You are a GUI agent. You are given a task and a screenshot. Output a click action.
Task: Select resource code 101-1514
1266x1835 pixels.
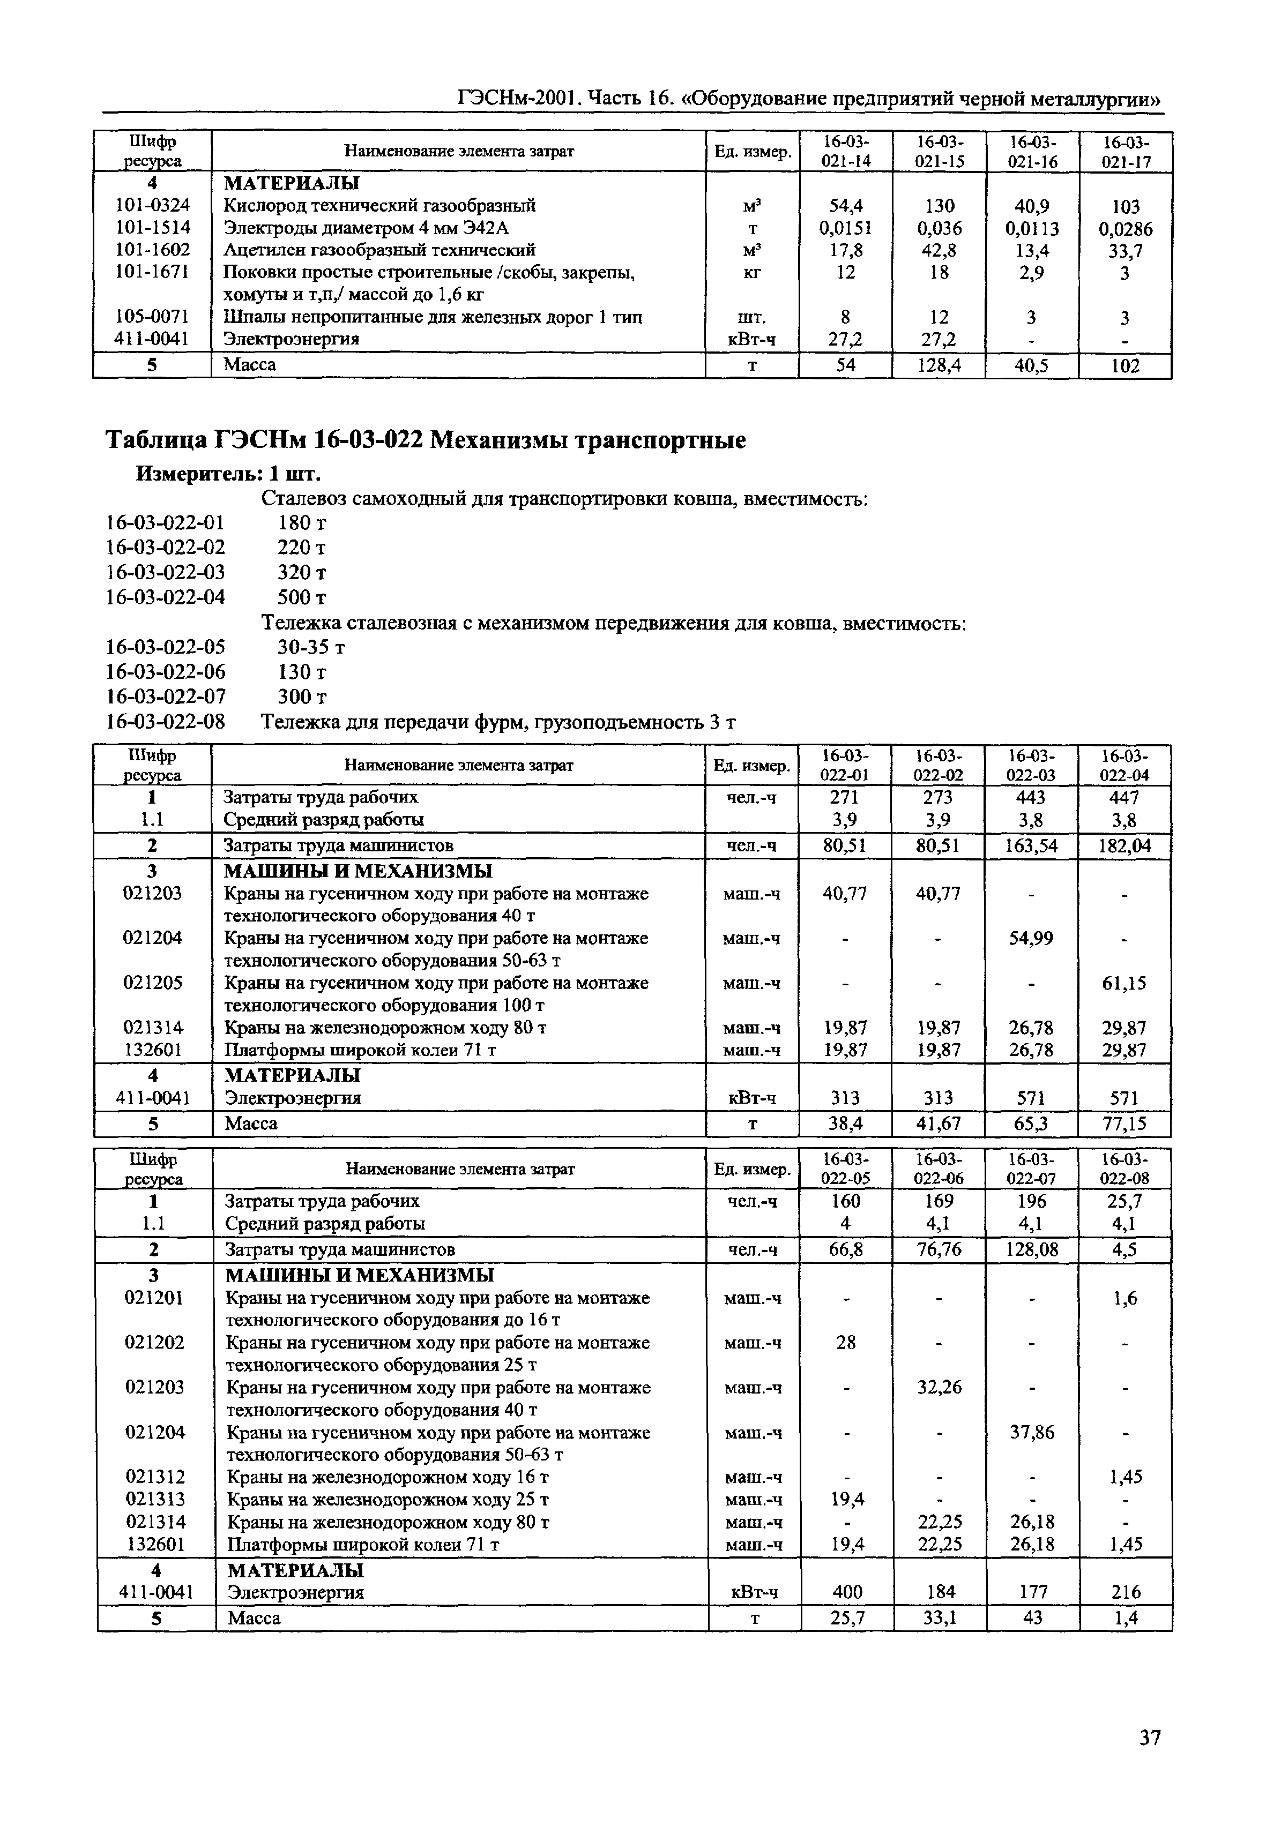(152, 228)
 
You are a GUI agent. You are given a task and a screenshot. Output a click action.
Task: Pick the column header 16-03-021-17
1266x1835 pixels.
(1125, 152)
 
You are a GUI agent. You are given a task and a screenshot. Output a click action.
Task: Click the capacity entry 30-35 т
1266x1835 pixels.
(311, 647)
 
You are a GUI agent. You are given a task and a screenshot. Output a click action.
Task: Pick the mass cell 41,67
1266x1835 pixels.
(939, 1124)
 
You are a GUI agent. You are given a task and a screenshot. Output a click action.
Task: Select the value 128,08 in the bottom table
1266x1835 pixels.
(1031, 1250)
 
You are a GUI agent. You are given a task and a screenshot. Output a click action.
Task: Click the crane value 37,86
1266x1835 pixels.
(1031, 1433)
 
